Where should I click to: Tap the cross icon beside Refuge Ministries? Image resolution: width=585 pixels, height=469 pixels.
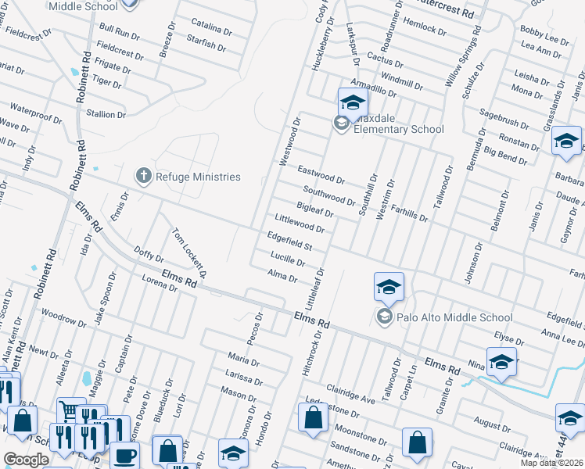(143, 176)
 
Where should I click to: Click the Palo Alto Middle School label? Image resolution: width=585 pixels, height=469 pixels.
(454, 317)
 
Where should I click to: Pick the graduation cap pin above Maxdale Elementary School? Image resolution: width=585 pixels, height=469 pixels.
(353, 103)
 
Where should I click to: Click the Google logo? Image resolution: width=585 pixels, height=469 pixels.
(25, 460)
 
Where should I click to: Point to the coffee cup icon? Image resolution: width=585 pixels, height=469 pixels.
(124, 456)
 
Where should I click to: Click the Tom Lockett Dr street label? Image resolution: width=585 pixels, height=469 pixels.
(189, 252)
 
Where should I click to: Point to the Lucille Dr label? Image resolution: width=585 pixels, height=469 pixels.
(287, 260)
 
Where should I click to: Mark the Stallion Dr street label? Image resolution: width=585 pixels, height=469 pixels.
(106, 113)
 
